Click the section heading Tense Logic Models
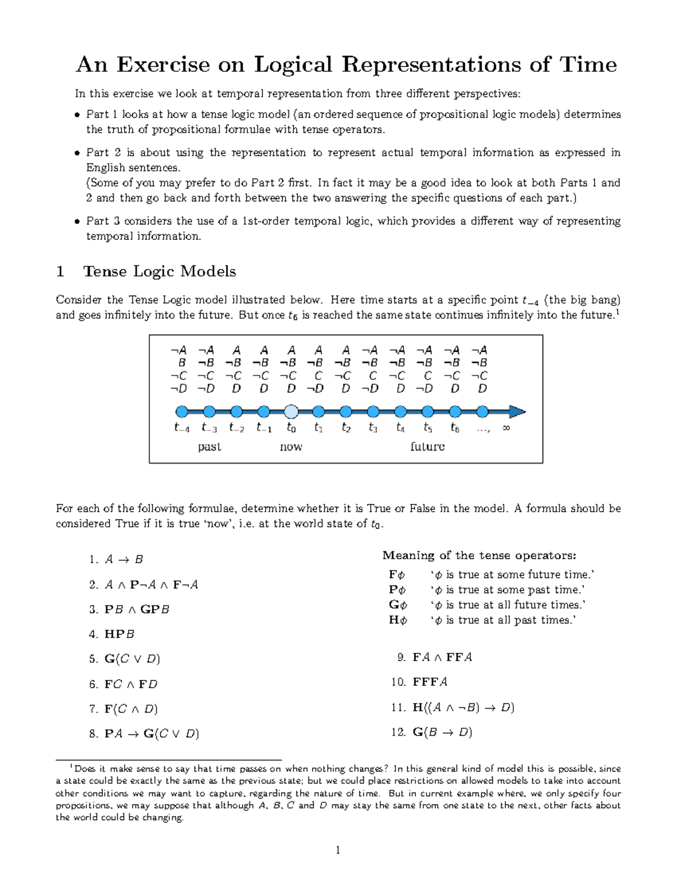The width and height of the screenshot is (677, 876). [x=159, y=271]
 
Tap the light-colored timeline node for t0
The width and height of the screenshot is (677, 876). [x=291, y=411]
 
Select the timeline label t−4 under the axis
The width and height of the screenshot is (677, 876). [x=182, y=428]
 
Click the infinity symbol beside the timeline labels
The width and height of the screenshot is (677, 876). [x=506, y=428]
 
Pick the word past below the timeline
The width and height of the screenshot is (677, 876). [x=209, y=447]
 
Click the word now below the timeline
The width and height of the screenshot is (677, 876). [x=291, y=447]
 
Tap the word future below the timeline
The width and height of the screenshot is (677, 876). [x=427, y=447]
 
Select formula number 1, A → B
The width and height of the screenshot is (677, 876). [x=124, y=560]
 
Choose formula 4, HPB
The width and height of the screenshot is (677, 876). [x=120, y=634]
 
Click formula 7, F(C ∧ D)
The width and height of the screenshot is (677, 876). [x=131, y=709]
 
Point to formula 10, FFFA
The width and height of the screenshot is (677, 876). [x=430, y=682]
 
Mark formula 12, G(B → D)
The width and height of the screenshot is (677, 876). [x=442, y=732]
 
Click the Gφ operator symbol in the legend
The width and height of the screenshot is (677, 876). [x=397, y=605]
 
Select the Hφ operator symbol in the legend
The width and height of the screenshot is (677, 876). [x=397, y=620]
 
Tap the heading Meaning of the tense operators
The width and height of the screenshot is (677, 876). [x=479, y=556]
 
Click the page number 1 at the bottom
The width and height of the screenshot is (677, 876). [x=338, y=851]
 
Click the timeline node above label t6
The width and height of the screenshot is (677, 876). [x=455, y=411]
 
